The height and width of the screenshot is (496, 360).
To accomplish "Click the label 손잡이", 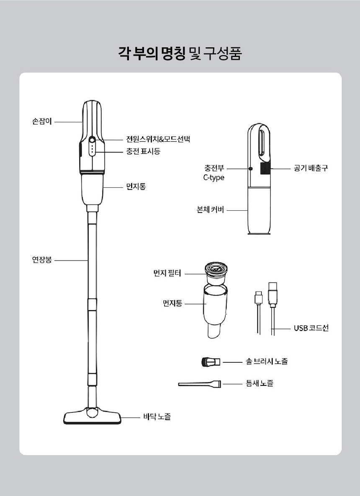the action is (42, 121).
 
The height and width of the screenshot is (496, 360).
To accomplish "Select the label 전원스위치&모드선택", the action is (158, 139).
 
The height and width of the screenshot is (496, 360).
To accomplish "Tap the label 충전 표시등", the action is (143, 151).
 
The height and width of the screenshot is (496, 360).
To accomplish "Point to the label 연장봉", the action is (42, 260).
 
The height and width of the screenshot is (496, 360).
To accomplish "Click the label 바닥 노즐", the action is (157, 417).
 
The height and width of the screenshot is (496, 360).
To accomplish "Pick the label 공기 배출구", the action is (311, 168).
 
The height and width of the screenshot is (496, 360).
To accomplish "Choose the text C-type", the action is (213, 178).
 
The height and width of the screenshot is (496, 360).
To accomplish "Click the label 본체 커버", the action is (210, 210).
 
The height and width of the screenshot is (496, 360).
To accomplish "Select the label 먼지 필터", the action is (167, 273).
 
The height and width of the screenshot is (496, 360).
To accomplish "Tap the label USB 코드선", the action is (311, 328).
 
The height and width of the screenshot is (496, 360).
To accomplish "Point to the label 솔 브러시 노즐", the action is (267, 361).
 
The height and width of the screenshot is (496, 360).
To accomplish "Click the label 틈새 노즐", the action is (260, 383).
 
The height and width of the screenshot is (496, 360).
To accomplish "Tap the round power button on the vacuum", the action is (92, 139).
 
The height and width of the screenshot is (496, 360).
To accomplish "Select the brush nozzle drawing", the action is (211, 362).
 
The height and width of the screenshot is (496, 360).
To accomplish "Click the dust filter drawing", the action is (216, 274).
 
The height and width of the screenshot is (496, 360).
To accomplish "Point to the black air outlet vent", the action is (265, 168).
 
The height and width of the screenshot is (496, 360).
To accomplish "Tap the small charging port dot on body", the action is (251, 169).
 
